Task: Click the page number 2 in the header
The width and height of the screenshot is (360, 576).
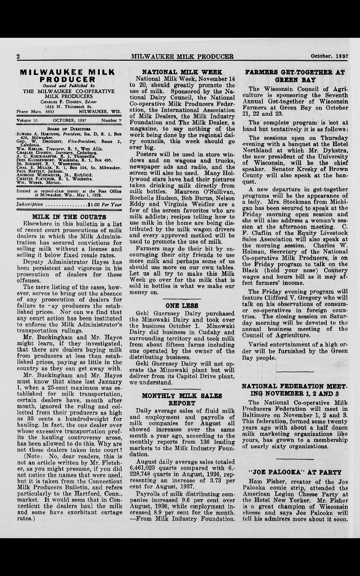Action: point(18,57)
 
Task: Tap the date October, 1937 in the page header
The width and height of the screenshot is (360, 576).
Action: point(329,57)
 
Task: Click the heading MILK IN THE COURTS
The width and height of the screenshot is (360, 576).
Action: point(69,216)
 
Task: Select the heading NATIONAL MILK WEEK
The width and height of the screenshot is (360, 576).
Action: point(182,72)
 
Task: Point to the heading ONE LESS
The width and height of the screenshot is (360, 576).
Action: point(182,306)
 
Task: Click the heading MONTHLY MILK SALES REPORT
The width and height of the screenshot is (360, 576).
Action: point(182,400)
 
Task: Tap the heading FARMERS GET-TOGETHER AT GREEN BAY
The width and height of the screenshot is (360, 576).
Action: point(295,76)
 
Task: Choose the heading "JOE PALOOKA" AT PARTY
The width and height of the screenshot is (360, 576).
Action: point(295,472)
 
